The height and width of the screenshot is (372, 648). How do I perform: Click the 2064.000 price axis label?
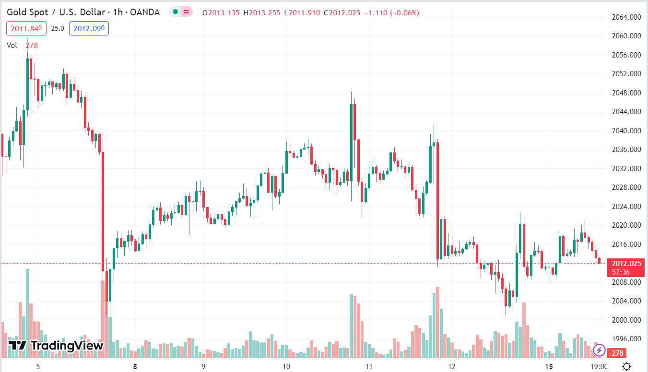[x=627, y=17]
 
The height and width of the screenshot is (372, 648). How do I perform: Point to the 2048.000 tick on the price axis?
[x=627, y=93]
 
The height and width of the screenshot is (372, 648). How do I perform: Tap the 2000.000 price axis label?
[x=627, y=320]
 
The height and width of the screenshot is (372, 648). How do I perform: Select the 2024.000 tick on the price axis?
[x=627, y=207]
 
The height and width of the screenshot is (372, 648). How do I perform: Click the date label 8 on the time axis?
[x=135, y=367]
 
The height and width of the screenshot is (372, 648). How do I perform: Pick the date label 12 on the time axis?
[x=451, y=367]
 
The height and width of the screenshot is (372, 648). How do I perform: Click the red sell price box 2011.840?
[x=27, y=28]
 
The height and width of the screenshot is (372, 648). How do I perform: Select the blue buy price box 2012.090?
[x=89, y=28]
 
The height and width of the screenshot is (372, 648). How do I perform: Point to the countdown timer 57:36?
[x=621, y=272]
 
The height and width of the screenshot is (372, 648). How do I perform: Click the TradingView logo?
[x=56, y=345]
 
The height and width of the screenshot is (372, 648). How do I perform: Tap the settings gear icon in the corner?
[x=626, y=367]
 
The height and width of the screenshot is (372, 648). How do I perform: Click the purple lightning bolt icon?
[x=599, y=350]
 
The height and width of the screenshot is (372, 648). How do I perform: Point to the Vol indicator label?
[x=12, y=45]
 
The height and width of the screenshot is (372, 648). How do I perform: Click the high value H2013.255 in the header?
[x=262, y=12]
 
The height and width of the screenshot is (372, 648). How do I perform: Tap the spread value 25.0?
[x=58, y=28]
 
